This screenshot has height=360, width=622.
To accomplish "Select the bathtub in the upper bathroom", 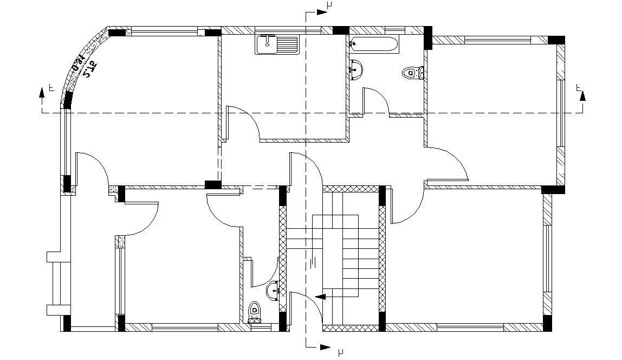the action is (374, 44).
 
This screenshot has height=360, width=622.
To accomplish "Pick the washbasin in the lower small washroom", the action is (274, 291).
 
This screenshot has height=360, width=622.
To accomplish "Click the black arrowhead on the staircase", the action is (320, 297).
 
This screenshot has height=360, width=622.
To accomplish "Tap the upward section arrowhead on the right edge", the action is (583, 96).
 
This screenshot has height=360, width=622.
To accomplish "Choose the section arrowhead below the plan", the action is (325, 346).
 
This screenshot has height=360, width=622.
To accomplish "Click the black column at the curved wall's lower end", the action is (68, 100).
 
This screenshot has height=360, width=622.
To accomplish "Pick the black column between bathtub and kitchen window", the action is (340, 30).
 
